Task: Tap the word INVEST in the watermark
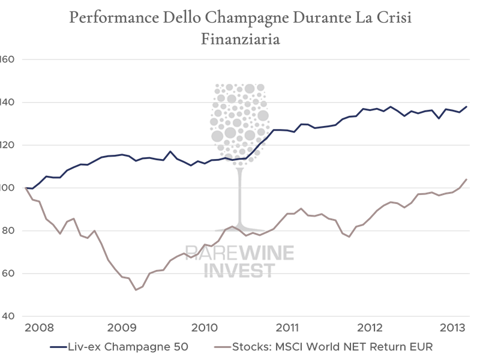pyautogui.click(x=240, y=269)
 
